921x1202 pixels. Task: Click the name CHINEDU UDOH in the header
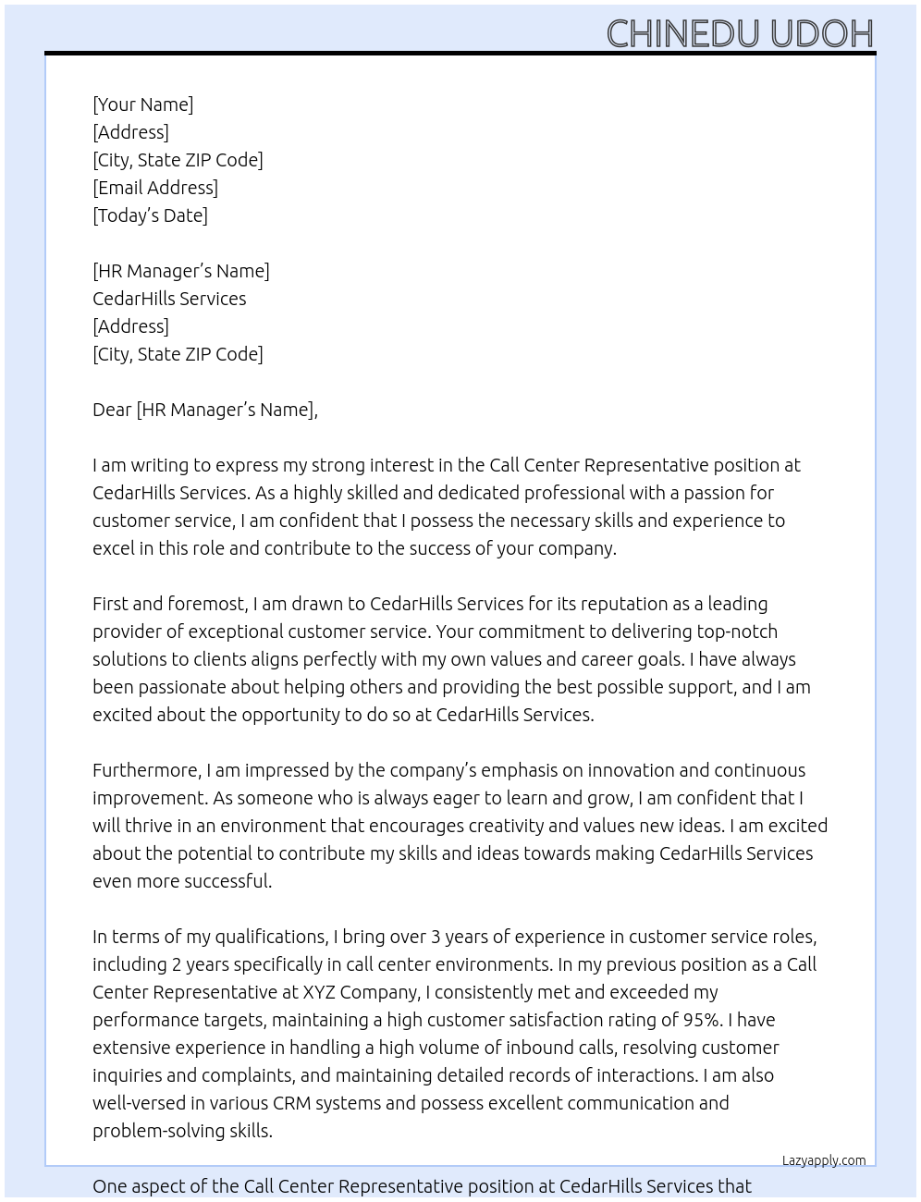[740, 34]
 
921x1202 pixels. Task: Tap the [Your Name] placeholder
[142, 104]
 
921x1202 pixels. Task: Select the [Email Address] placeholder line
[155, 188]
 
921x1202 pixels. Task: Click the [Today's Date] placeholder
[150, 215]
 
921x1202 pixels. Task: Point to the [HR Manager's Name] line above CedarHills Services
[181, 271]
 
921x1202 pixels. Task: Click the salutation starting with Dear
[204, 410]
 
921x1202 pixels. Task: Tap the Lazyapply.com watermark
[824, 1160]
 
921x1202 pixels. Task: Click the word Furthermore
[146, 770]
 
